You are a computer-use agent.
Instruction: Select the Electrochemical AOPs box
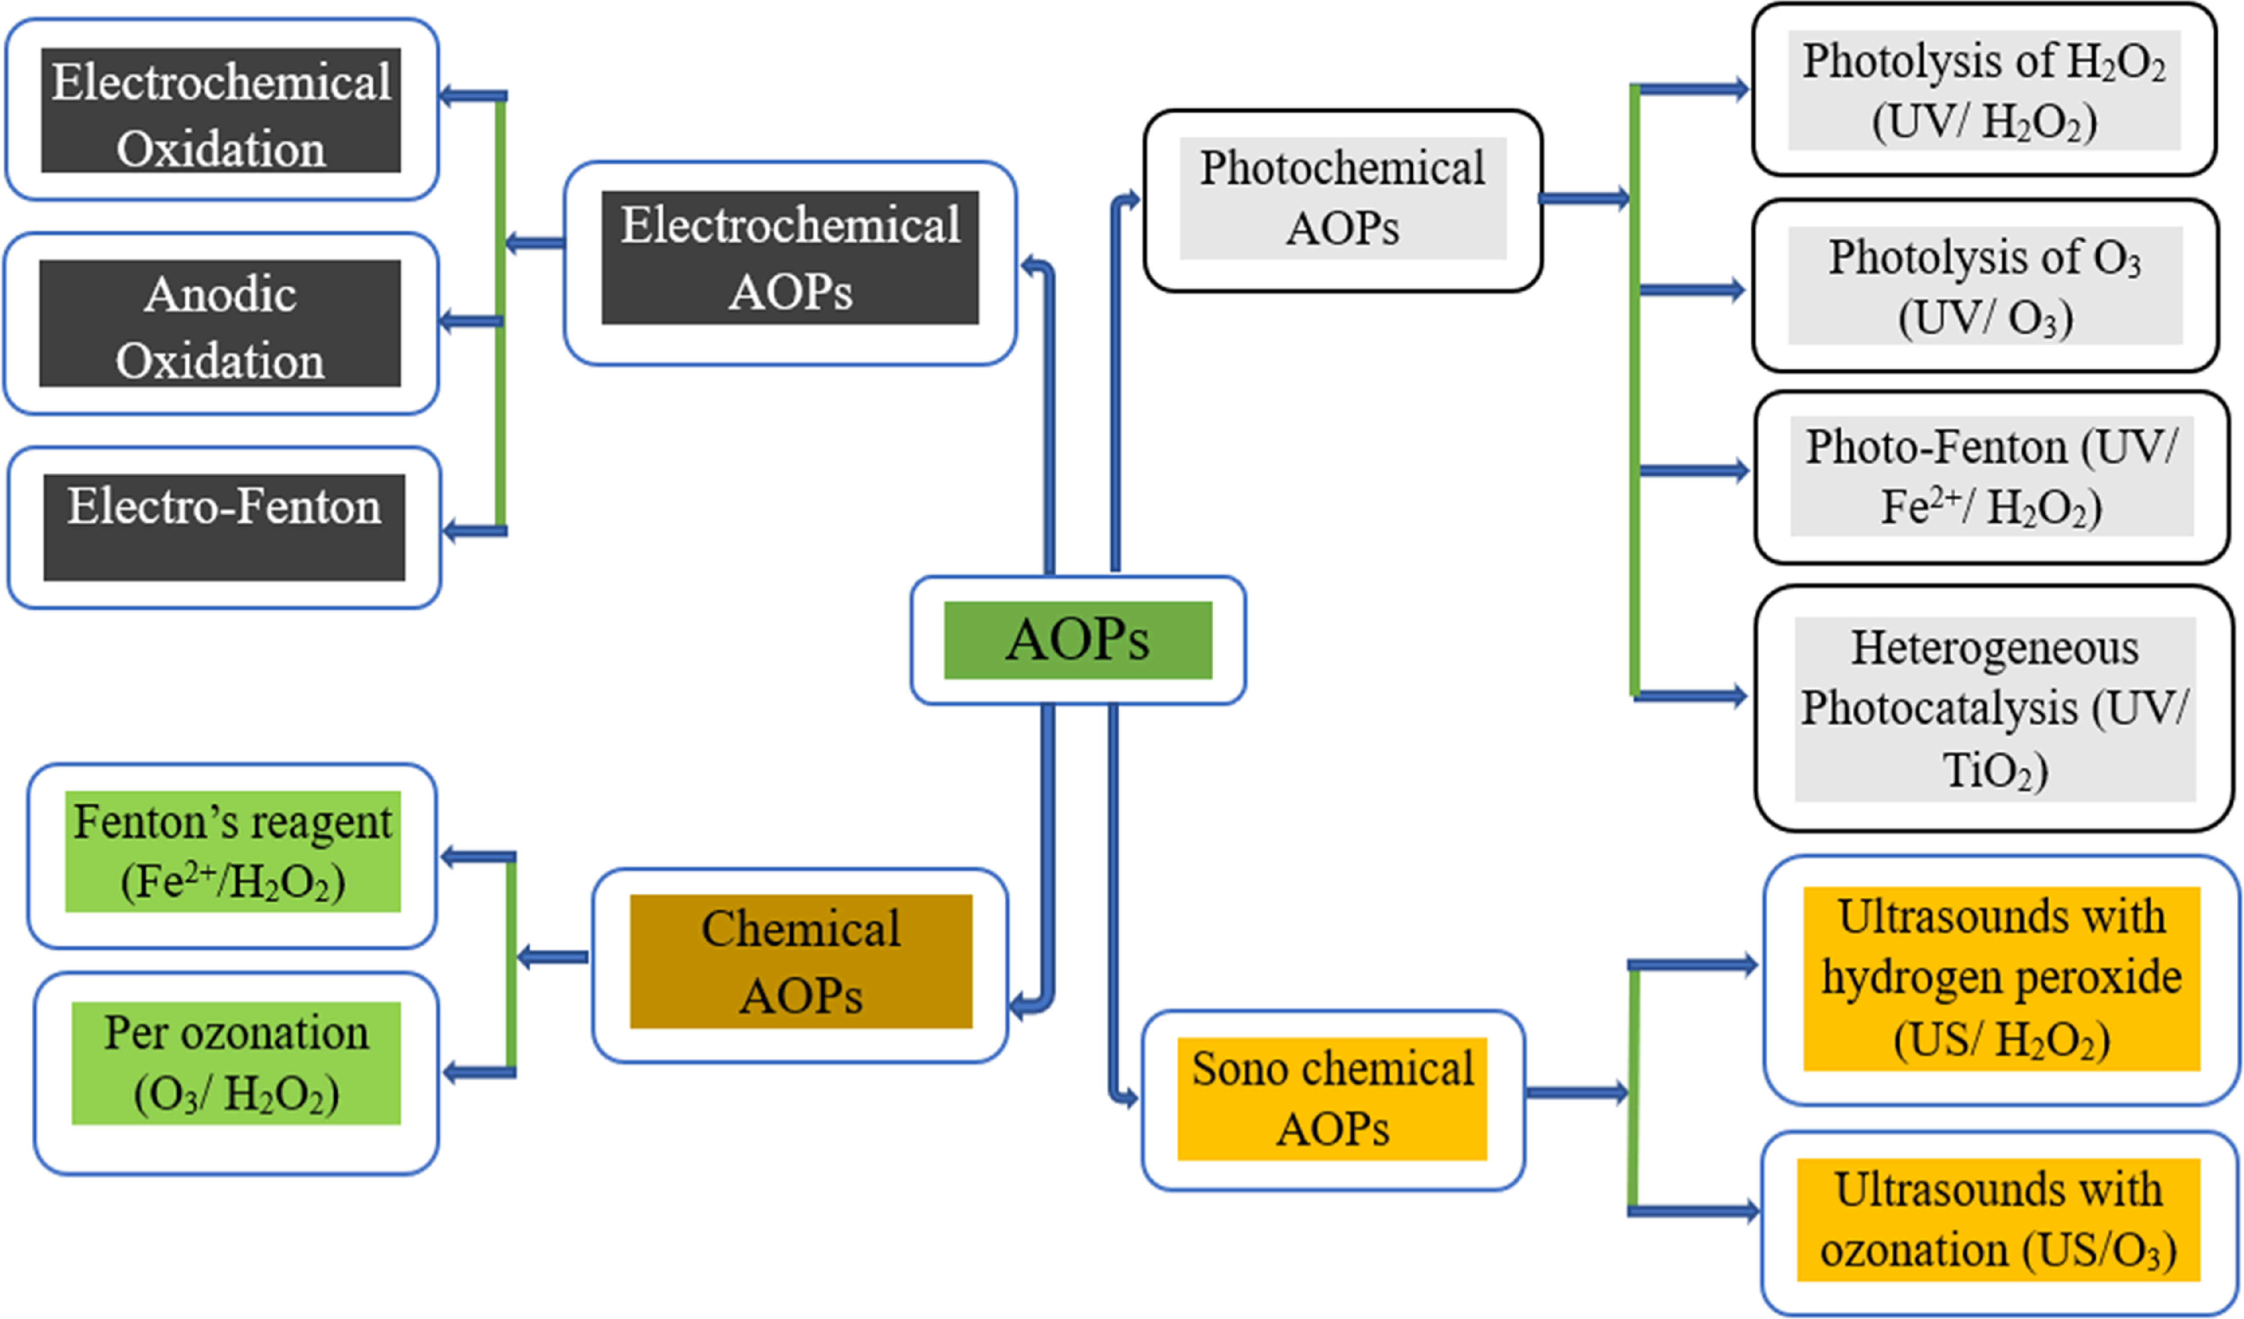point(790,258)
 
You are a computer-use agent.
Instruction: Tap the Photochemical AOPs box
point(1342,199)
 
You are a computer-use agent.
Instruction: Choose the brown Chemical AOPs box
point(801,962)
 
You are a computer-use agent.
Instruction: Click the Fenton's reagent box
point(232,852)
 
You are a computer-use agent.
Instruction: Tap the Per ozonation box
point(236,1063)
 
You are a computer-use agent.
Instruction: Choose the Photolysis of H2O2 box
point(1984,90)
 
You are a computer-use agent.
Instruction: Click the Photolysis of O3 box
point(1985,286)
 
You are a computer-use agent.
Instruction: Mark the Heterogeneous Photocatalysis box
point(1995,709)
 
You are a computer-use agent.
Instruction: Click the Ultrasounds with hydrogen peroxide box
point(2001,978)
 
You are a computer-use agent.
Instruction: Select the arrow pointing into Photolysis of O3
point(1692,289)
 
